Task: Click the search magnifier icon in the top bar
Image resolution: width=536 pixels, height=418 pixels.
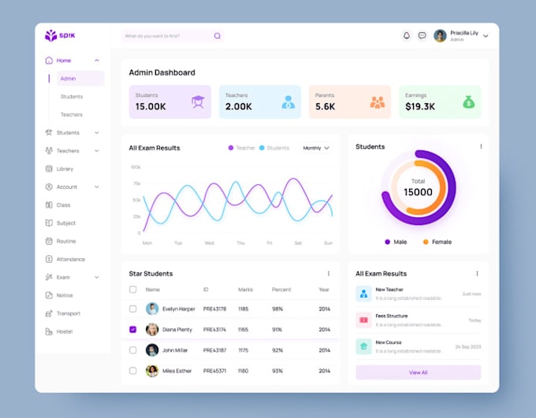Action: [x=217, y=36]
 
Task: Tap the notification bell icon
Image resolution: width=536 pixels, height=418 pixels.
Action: [x=407, y=35]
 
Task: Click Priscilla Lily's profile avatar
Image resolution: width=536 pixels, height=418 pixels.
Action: [x=440, y=35]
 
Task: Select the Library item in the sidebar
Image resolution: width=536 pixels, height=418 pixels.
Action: [x=65, y=168]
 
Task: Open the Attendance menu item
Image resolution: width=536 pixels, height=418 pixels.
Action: [x=70, y=259]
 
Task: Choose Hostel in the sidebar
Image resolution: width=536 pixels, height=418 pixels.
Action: [x=64, y=331]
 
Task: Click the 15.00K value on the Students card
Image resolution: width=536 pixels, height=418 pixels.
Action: [x=151, y=106]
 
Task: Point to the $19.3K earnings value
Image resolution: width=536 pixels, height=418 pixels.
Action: [x=420, y=106]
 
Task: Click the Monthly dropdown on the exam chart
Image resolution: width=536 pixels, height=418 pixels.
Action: [x=316, y=148]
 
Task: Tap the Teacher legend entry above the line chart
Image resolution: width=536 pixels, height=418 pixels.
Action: [x=242, y=148]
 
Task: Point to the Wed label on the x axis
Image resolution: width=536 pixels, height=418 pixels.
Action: [x=209, y=243]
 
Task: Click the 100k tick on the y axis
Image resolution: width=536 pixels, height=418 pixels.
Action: [x=136, y=167]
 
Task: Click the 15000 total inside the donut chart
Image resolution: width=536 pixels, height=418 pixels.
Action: [x=418, y=192]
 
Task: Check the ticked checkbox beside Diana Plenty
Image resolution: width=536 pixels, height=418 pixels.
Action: [x=132, y=330]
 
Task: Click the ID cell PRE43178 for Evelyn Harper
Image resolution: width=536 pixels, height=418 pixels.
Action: [x=214, y=309]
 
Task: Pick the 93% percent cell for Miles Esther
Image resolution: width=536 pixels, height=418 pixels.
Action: [x=277, y=371]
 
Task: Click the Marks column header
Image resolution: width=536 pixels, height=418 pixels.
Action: [x=245, y=290]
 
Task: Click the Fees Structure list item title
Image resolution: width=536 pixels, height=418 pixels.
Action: [x=392, y=316]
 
